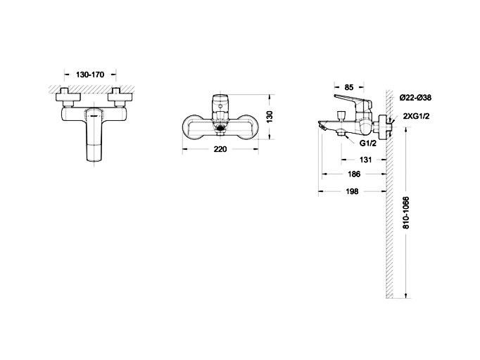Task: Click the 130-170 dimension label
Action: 90,75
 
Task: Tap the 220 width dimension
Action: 220,149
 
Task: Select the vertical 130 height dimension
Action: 270,117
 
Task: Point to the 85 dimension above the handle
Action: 349,87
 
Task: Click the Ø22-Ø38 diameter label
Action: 416,98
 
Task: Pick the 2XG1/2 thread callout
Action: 417,116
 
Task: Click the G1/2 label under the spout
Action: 367,143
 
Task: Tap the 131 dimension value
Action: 365,160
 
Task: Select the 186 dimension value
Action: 354,174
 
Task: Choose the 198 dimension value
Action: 352,191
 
